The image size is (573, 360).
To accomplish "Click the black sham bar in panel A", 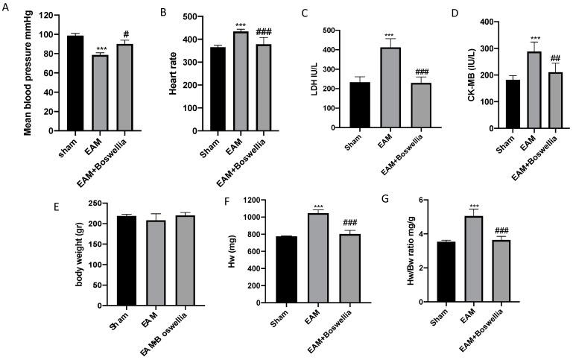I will [72, 82].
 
